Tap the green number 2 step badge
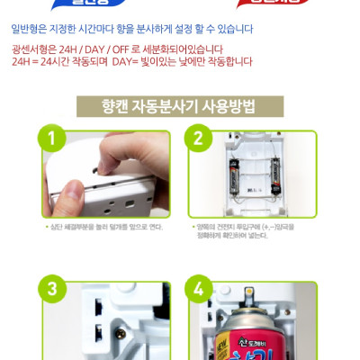pyautogui.click(x=197, y=140)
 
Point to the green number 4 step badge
pyautogui.click(x=197, y=290)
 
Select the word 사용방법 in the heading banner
pyautogui.click(x=228, y=106)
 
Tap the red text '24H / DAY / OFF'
pyautogui.click(x=92, y=49)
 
